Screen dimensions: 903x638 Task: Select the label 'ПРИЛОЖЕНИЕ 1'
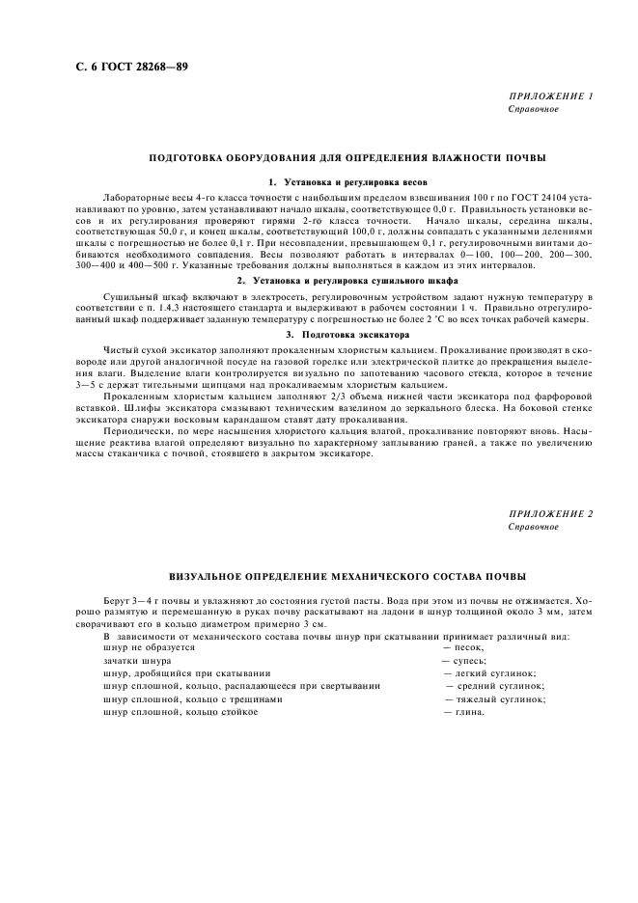click(549, 97)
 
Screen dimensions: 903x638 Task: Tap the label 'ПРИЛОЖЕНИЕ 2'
click(549, 514)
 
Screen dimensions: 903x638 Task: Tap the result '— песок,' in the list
click(463, 649)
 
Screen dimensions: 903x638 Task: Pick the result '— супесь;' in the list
click(465, 662)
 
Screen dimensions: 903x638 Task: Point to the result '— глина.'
click(463, 712)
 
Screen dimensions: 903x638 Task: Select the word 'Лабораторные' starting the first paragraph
click(131, 196)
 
